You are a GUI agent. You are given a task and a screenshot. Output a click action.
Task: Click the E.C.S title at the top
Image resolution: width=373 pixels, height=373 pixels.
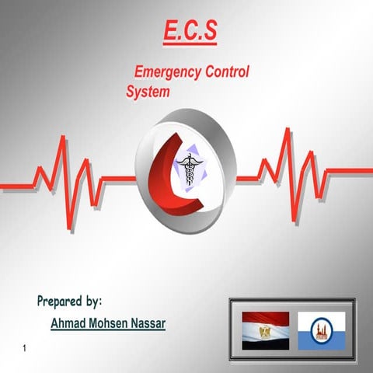[190, 31]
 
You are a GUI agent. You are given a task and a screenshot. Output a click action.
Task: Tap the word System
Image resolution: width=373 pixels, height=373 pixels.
[148, 91]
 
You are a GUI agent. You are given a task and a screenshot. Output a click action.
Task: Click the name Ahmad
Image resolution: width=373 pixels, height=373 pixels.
[69, 322]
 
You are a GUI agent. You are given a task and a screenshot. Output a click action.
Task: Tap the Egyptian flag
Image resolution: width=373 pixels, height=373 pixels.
[266, 330]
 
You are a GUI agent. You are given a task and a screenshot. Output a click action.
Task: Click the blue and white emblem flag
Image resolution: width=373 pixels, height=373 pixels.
[321, 330]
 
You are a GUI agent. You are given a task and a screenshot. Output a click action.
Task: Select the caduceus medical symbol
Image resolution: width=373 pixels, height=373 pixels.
[189, 165]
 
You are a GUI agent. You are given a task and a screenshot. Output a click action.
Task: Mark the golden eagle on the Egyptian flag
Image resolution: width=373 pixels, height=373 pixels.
[266, 331]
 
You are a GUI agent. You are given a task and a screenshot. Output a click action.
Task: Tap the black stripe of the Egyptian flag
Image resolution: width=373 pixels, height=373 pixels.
[266, 343]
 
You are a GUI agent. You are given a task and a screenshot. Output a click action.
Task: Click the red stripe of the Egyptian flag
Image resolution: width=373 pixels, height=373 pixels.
[266, 318]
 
